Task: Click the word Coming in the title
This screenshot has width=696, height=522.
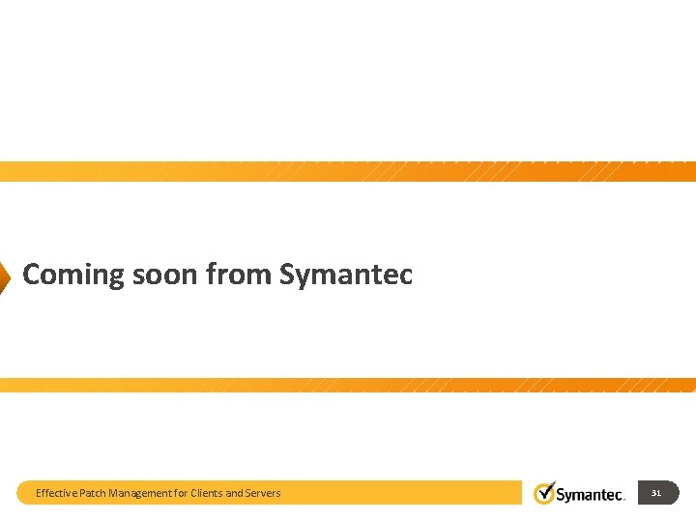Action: [x=73, y=275]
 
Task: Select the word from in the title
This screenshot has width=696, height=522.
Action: [x=240, y=275]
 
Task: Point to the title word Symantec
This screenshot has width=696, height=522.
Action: [x=346, y=275]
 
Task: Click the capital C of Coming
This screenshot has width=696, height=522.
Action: [x=31, y=275]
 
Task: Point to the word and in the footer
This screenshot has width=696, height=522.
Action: [x=235, y=493]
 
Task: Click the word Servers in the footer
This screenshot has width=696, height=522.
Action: [x=264, y=493]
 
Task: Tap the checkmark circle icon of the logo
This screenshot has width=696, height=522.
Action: [x=545, y=492]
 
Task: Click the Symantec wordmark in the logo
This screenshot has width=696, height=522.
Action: [x=591, y=495]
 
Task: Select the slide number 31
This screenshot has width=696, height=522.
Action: [x=656, y=493]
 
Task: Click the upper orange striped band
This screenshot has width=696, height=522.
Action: [x=348, y=171]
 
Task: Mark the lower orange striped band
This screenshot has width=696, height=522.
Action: [x=348, y=385]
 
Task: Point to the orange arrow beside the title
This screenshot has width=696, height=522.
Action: [x=4, y=275]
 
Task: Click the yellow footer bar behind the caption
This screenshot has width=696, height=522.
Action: [x=406, y=493]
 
